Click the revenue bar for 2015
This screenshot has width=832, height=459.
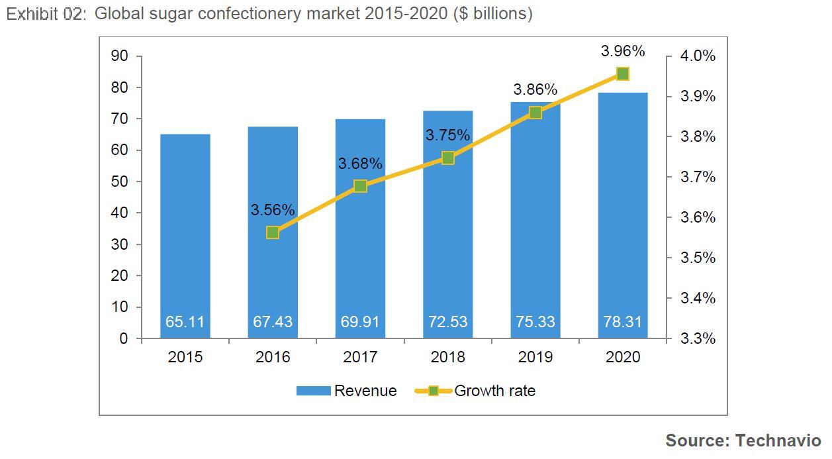[185, 232]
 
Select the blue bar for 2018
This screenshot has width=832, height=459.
[447, 252]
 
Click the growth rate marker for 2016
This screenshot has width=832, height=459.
[273, 232]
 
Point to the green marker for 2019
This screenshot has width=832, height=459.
[535, 113]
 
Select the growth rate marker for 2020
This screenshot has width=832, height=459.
[622, 74]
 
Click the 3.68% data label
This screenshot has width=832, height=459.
[360, 164]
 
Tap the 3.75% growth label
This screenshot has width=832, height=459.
[447, 135]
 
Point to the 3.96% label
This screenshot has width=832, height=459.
[622, 51]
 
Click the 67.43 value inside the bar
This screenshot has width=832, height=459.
[273, 322]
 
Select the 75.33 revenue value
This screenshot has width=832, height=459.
[535, 322]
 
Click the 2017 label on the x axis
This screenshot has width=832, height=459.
[360, 357]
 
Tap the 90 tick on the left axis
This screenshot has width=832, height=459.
[119, 56]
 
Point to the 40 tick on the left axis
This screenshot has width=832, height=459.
[119, 213]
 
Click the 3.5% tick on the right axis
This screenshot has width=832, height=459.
[698, 258]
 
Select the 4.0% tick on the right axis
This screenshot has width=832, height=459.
[698, 56]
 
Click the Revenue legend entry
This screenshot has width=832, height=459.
[365, 391]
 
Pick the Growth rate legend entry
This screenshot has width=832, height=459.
[494, 391]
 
